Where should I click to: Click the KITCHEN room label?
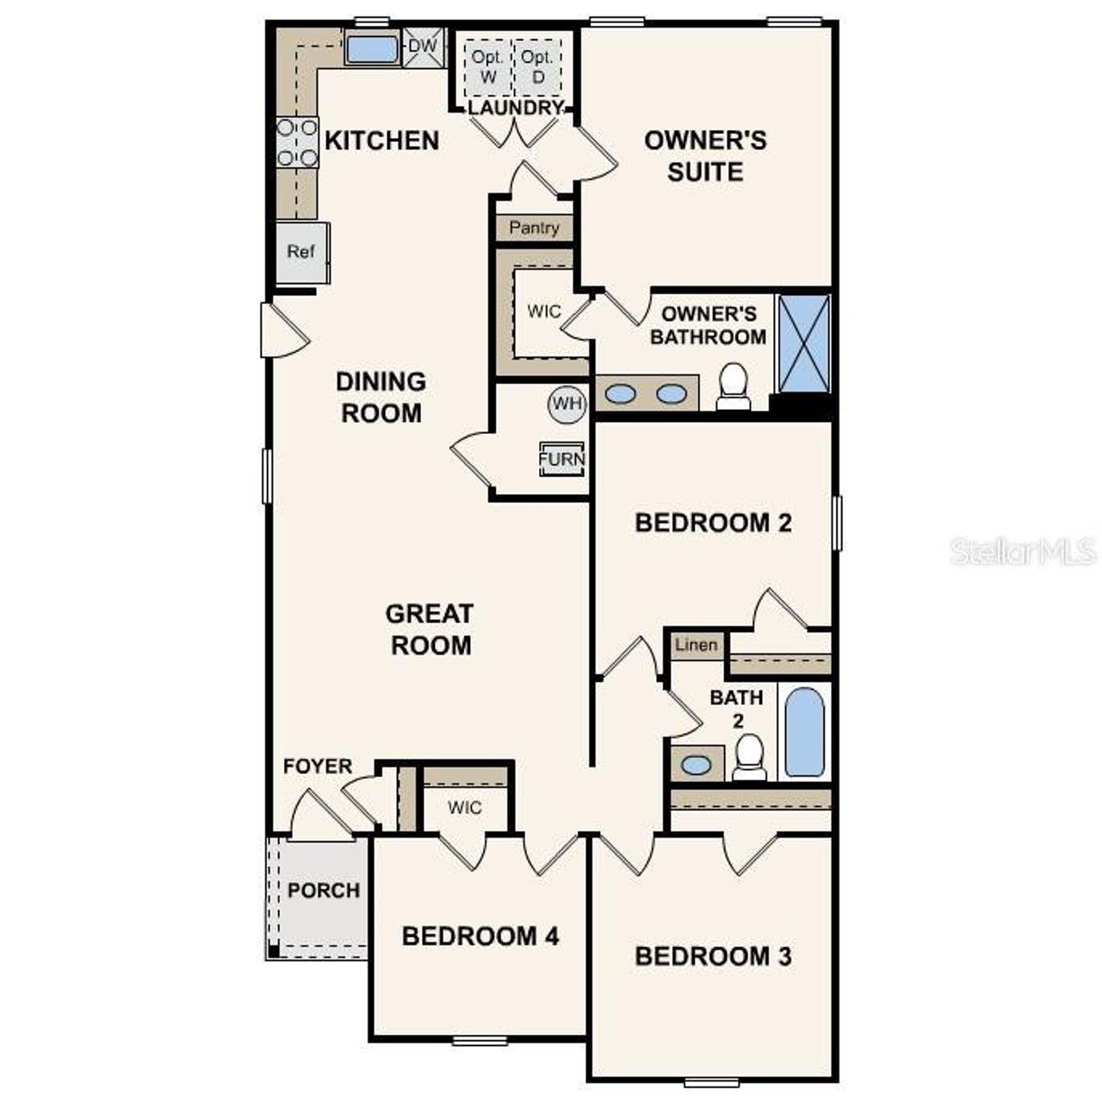[x=381, y=140]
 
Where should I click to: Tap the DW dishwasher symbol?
[x=422, y=46]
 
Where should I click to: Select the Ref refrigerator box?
[x=301, y=251]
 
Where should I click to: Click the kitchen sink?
[x=372, y=48]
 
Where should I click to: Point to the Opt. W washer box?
[x=487, y=67]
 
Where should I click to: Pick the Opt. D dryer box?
[x=537, y=67]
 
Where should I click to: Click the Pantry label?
[x=534, y=228]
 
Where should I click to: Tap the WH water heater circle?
[x=566, y=403]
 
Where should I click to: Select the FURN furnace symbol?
[x=561, y=458]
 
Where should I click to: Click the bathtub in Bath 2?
[x=804, y=732]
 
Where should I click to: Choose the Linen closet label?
[x=696, y=645]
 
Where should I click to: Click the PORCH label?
[x=324, y=890]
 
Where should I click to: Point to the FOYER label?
[x=318, y=766]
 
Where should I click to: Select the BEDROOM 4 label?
[x=480, y=936]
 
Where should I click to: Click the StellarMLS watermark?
[x=1023, y=551]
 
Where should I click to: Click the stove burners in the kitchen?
[x=297, y=143]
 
